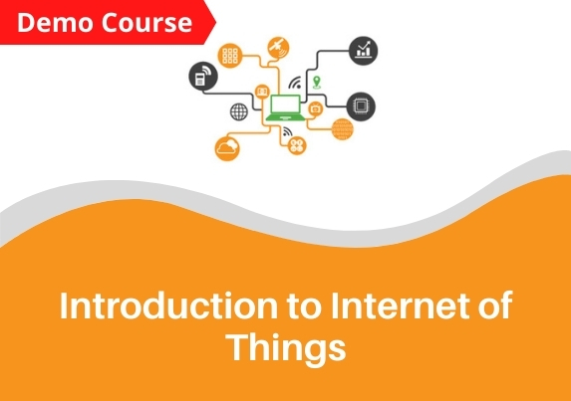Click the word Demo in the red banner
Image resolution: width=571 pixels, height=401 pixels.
pos(55,23)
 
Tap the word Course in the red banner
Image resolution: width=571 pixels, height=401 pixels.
pos(146,23)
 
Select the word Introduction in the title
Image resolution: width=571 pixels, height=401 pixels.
pos(168,305)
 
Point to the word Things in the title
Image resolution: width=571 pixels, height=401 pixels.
pos(286,347)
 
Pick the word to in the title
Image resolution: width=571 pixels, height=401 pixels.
pos(305,307)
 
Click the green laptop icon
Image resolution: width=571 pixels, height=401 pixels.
pos(285,107)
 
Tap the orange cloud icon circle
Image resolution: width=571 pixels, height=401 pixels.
pos(227,148)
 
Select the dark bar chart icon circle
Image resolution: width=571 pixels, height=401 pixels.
pos(363,51)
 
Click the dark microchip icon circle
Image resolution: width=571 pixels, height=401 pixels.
pos(361,106)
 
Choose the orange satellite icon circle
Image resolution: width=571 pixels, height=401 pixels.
pos(278,48)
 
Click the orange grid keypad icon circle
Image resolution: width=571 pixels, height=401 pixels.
pos(230,56)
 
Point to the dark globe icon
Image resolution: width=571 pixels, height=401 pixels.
pos(239,111)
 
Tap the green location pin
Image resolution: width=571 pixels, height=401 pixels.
pos(317,83)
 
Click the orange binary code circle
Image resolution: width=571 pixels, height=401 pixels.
pos(343,129)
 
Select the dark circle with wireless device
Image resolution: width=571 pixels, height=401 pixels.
pos(203,76)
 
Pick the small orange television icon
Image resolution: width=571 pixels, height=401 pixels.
pos(315,108)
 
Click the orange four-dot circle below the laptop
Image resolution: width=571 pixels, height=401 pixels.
pos(297,146)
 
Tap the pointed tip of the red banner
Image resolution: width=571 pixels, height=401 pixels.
pos(216,23)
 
